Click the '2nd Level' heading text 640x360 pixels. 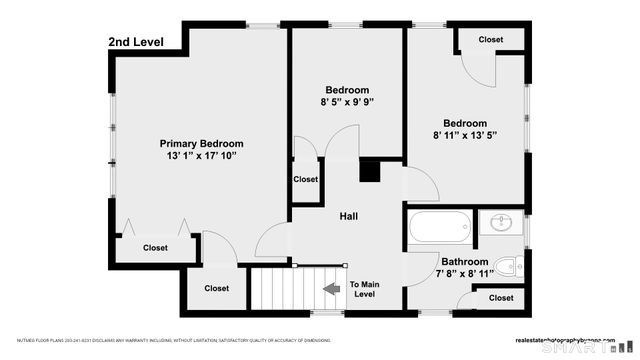tap(135, 42)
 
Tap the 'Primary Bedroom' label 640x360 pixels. tap(205, 144)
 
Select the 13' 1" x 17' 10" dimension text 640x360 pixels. tap(205, 157)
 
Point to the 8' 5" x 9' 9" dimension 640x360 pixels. tap(347, 102)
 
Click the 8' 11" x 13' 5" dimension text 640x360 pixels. tap(465, 135)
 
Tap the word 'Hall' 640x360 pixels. tap(349, 216)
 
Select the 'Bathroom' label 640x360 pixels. tap(465, 262)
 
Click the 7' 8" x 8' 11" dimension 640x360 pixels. tap(465, 274)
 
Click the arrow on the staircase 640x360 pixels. tap(329, 290)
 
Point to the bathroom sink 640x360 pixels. tap(499, 222)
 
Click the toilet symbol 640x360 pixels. tap(507, 267)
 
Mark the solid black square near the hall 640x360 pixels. tap(370, 172)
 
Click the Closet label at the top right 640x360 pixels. tap(491, 40)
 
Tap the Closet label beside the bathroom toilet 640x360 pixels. tap(501, 298)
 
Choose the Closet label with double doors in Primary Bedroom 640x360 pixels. tap(155, 248)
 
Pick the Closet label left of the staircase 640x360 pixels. tap(216, 289)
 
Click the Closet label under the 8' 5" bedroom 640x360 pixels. tap(305, 179)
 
